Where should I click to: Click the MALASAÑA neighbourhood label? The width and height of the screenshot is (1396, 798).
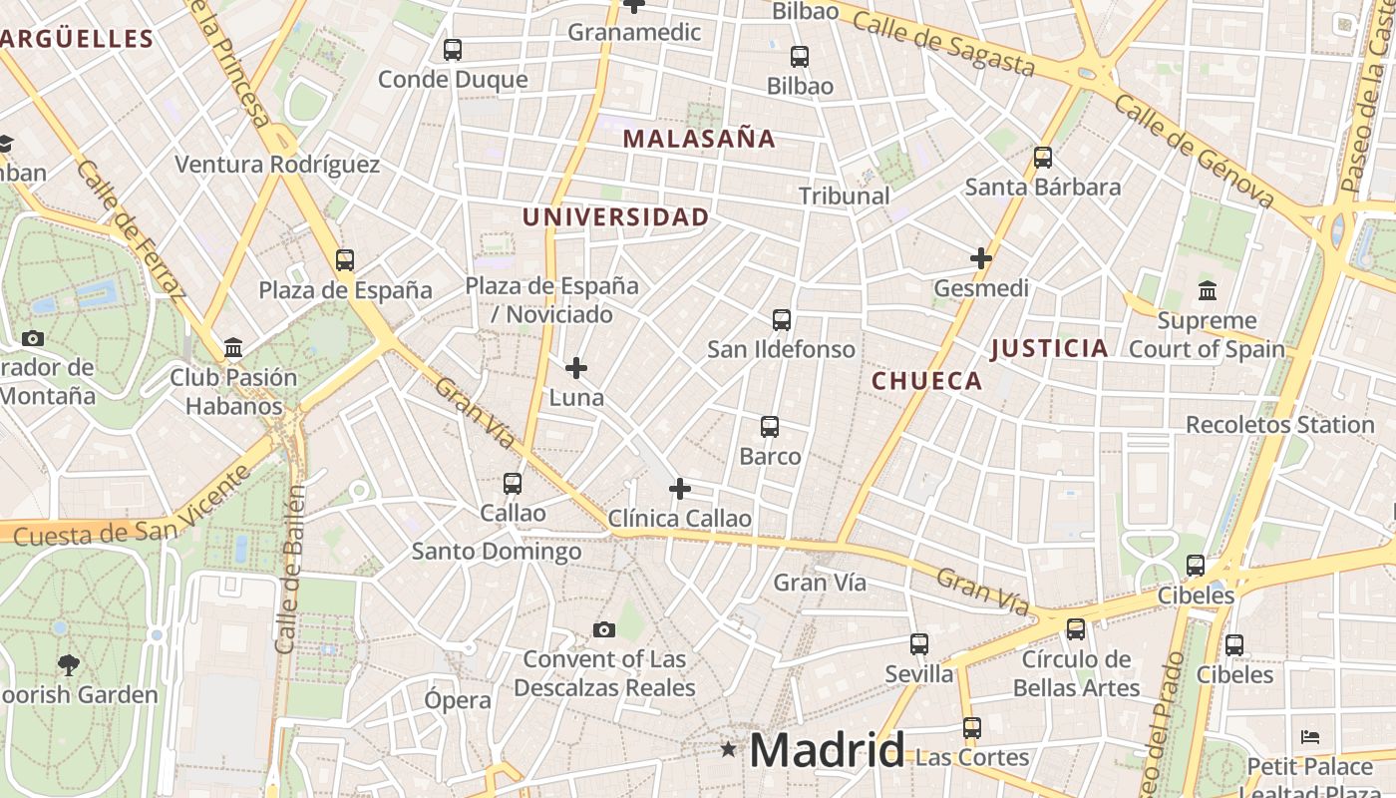[x=699, y=139]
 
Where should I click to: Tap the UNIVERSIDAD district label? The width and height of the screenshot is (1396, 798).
[x=616, y=216]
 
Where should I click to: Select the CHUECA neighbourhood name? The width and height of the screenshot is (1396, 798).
[x=927, y=380]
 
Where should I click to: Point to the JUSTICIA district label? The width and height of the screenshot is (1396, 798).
[x=1049, y=348]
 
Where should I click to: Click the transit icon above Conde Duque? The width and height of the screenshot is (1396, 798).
[x=453, y=49]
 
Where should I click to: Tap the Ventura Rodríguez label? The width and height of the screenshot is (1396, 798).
[x=277, y=165]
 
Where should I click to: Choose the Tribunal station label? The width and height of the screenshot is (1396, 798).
[x=845, y=196]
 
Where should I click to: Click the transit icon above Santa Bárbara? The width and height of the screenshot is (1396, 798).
[x=1043, y=157]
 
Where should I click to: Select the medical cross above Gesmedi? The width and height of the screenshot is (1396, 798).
[x=981, y=258]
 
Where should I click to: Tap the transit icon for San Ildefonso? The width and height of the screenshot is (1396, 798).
[x=782, y=320]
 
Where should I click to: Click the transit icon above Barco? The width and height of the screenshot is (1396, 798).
[x=770, y=427]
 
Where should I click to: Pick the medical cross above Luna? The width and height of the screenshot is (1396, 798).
[x=576, y=368]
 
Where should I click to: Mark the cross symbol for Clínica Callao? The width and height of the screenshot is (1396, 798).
[x=680, y=489]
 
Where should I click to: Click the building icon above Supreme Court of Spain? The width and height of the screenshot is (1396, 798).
[x=1208, y=291]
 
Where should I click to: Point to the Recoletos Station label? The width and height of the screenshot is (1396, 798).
[x=1279, y=424]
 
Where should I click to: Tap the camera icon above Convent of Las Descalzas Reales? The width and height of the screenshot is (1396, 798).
[x=604, y=629]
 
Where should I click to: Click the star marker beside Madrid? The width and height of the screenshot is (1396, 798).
[x=729, y=748]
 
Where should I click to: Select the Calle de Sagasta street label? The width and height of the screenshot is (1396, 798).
[x=944, y=45]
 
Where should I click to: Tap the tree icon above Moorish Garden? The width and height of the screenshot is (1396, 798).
[x=69, y=664]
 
